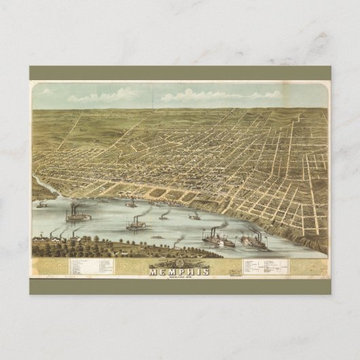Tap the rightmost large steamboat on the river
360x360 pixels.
click(255, 242)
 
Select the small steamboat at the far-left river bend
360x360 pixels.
click(42, 204)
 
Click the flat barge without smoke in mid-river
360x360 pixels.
click(157, 236)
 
